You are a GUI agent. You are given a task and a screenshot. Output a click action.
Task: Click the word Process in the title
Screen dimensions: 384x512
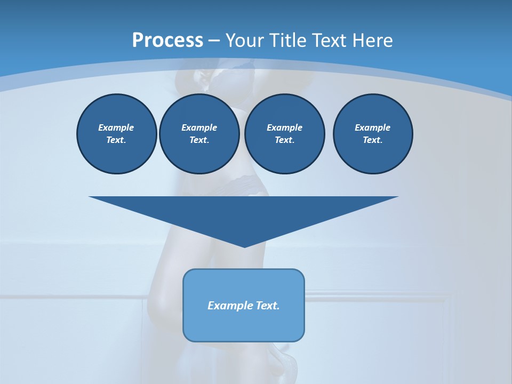[x=167, y=40]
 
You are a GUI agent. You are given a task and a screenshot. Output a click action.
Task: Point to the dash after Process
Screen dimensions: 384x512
[x=214, y=41]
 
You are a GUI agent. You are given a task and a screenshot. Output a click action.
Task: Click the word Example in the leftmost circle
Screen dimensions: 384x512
[x=116, y=127]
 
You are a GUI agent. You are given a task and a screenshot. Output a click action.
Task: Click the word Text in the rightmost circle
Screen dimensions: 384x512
[x=372, y=140]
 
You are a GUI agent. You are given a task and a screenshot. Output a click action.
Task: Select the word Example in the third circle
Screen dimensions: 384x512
[x=284, y=127]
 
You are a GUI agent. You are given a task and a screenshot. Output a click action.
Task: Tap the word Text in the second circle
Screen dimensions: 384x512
[x=198, y=140]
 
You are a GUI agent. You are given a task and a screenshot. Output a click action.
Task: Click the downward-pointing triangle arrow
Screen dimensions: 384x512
[x=244, y=213]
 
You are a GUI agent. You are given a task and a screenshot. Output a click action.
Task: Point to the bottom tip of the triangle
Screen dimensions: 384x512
[x=244, y=246]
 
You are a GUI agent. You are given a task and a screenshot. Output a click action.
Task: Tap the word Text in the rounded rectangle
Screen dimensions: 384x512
[x=267, y=306]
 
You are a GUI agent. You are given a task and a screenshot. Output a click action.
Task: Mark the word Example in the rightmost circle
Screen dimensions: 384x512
[x=373, y=127]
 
